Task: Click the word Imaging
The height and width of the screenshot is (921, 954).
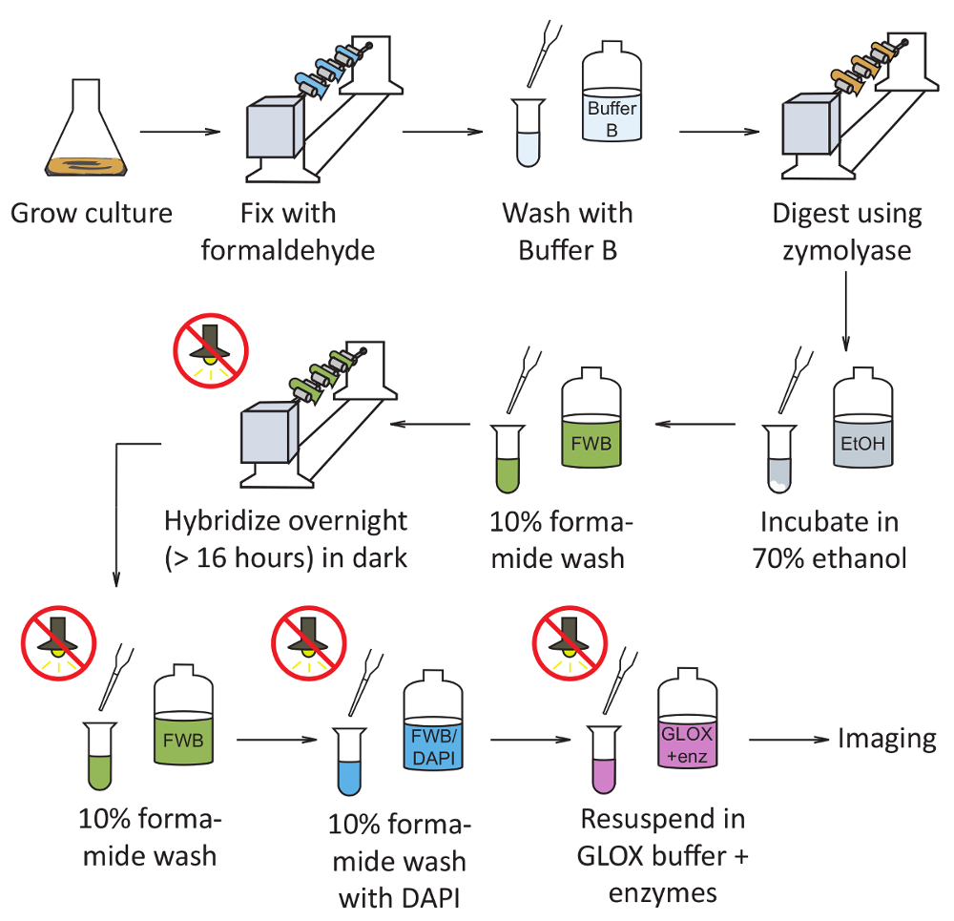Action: [x=887, y=738]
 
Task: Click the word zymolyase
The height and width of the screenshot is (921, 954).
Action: [x=847, y=250]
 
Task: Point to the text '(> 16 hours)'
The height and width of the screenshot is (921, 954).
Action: [x=230, y=556]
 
